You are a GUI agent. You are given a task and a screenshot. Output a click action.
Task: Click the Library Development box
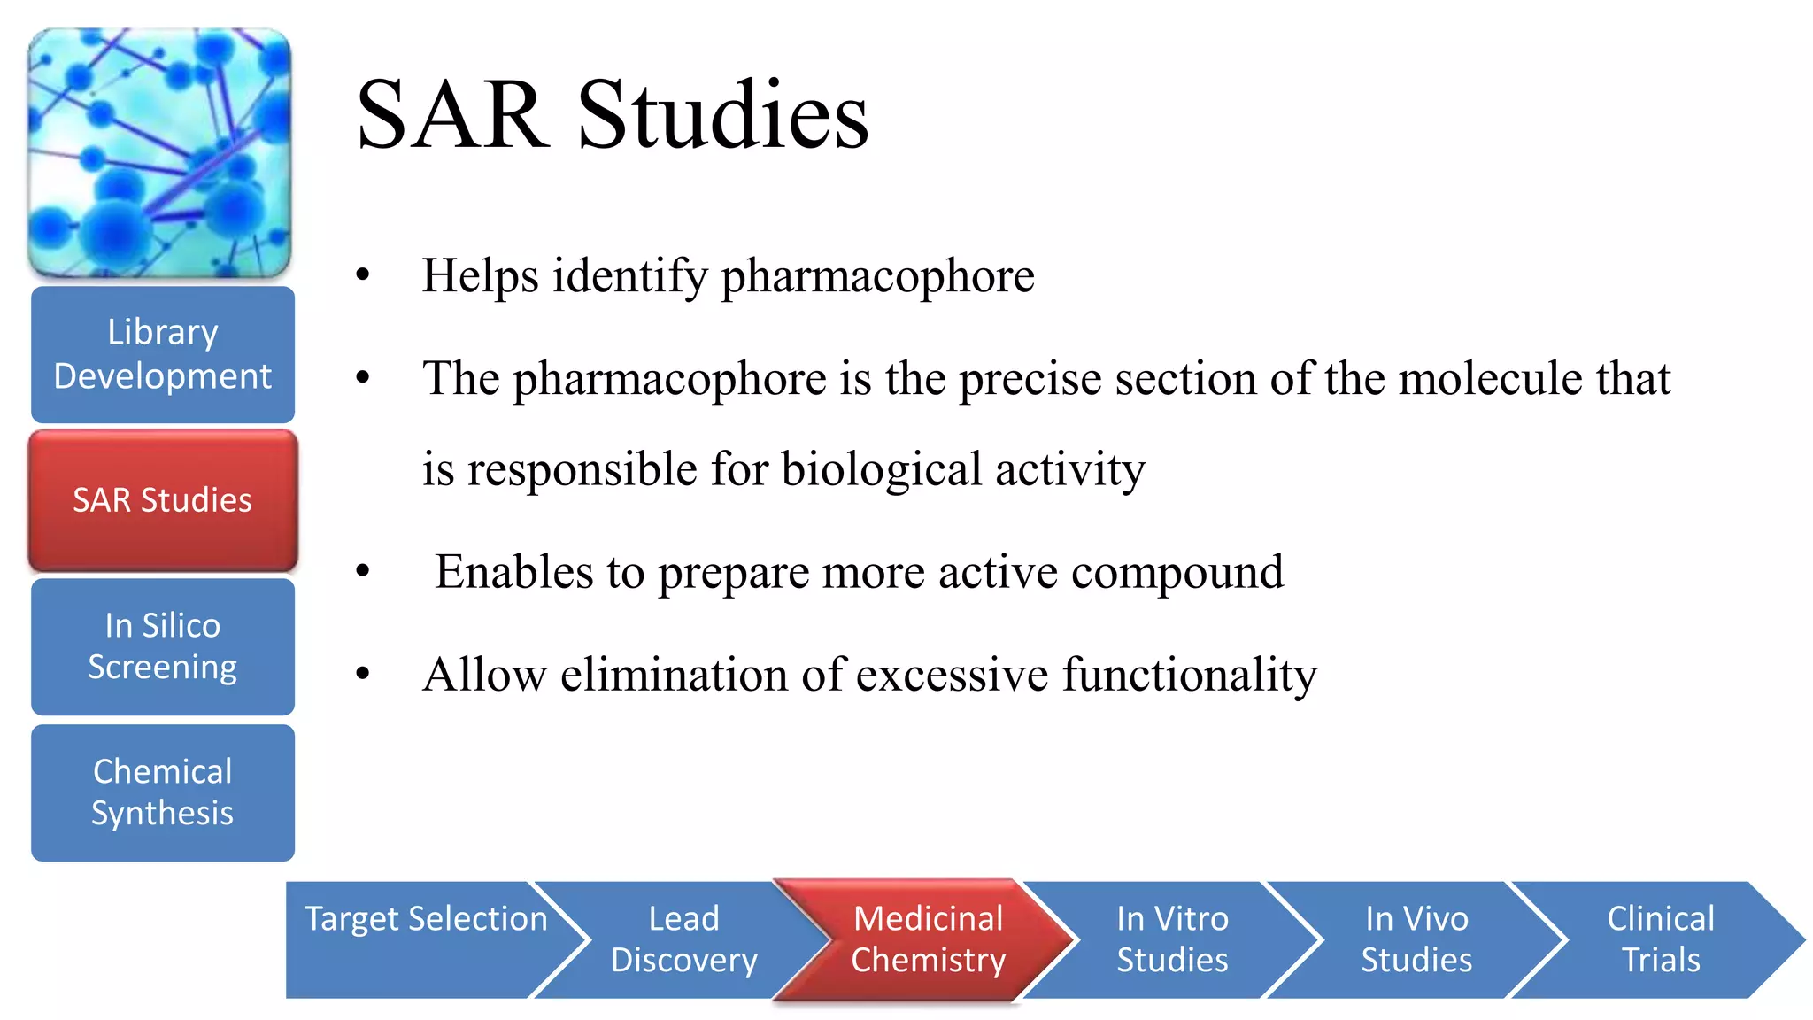pos(163,354)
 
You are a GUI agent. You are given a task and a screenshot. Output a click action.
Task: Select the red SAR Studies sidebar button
pos(163,500)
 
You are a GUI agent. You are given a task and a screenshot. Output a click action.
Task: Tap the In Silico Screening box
pos(163,646)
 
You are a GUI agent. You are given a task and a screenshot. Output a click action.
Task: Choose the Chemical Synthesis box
pos(163,792)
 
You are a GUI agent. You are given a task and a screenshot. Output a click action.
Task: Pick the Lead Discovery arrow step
pos(683,939)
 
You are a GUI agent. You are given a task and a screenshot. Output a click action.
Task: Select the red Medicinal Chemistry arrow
pos(928,939)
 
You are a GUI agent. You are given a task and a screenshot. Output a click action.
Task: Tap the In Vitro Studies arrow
pos(1172,939)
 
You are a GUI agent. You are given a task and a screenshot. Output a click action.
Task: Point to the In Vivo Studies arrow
pos(1416,939)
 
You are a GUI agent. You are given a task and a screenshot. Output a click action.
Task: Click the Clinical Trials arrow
pos(1661,939)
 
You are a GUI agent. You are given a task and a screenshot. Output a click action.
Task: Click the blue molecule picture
pos(159,152)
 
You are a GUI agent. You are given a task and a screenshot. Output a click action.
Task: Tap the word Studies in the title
pos(723,115)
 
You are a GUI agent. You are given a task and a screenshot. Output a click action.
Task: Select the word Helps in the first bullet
pos(479,275)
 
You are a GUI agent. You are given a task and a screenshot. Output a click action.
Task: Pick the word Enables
pos(513,572)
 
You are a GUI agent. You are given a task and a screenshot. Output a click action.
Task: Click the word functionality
pos(1190,675)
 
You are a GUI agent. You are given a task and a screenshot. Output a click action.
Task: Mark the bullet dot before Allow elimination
pos(362,675)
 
